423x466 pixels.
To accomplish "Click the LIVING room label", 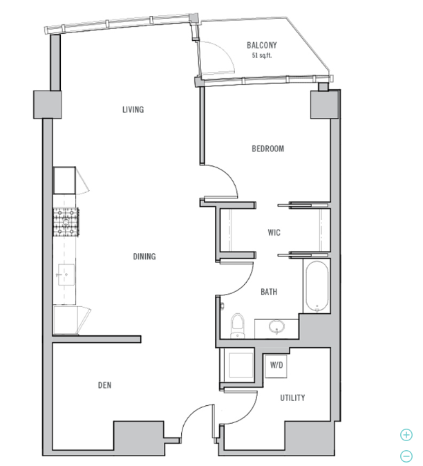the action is pos(133,110).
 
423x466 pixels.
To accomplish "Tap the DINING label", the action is pos(144,257).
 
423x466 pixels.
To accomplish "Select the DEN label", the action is pos(104,385).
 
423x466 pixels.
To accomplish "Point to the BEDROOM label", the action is pos(267,149).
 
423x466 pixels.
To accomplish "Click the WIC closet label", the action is pos(274,232).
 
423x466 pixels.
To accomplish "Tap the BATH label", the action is pos(269,292).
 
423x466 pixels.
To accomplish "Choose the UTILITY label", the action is pos(292,398).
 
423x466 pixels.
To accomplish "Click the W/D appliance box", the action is pos(276,366).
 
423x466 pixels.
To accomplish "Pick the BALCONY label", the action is pos(262,45).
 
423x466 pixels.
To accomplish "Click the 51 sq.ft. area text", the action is pos(262,55).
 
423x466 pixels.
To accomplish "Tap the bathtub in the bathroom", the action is pos(317,286).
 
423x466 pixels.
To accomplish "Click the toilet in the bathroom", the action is pos(237,326).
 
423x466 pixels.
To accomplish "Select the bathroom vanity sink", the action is pos(276,327).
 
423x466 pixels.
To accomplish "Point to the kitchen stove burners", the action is pos(66,223).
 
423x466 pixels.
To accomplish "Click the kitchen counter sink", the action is pos(66,274).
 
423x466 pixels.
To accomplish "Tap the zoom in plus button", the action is pos(406,435).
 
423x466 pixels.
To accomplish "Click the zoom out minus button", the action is pos(406,456).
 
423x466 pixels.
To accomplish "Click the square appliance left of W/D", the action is pos(241,365).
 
